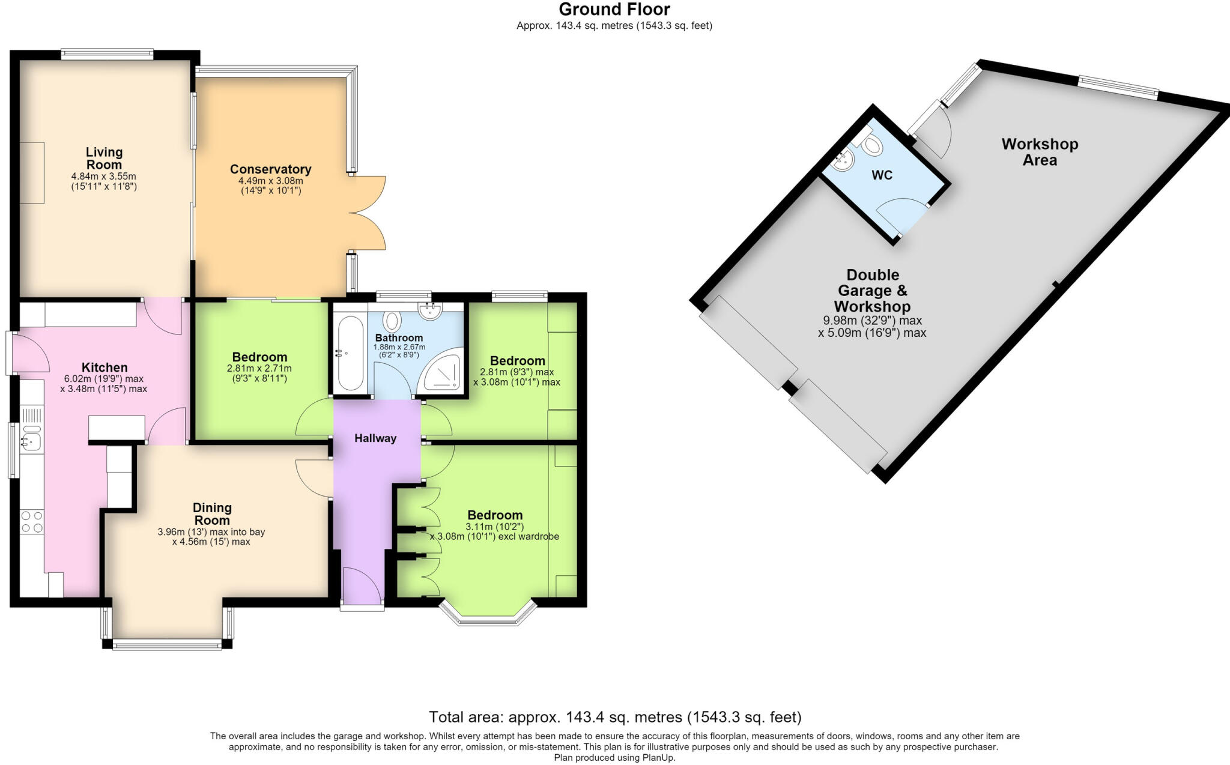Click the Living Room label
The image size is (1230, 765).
(x=104, y=159)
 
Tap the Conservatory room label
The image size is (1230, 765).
(x=270, y=169)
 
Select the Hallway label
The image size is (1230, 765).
(x=375, y=438)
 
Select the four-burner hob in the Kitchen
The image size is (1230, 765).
(x=32, y=521)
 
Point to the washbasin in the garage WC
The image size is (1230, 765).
(x=845, y=160)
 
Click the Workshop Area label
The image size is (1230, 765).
(x=1040, y=152)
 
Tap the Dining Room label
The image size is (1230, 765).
(x=212, y=514)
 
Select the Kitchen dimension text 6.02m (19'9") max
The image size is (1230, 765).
(x=104, y=379)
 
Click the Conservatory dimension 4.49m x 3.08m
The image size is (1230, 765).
(x=270, y=181)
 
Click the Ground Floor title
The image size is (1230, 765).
(x=614, y=10)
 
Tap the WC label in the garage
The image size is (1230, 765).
(x=882, y=175)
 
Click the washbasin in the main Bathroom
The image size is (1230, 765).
(x=431, y=310)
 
